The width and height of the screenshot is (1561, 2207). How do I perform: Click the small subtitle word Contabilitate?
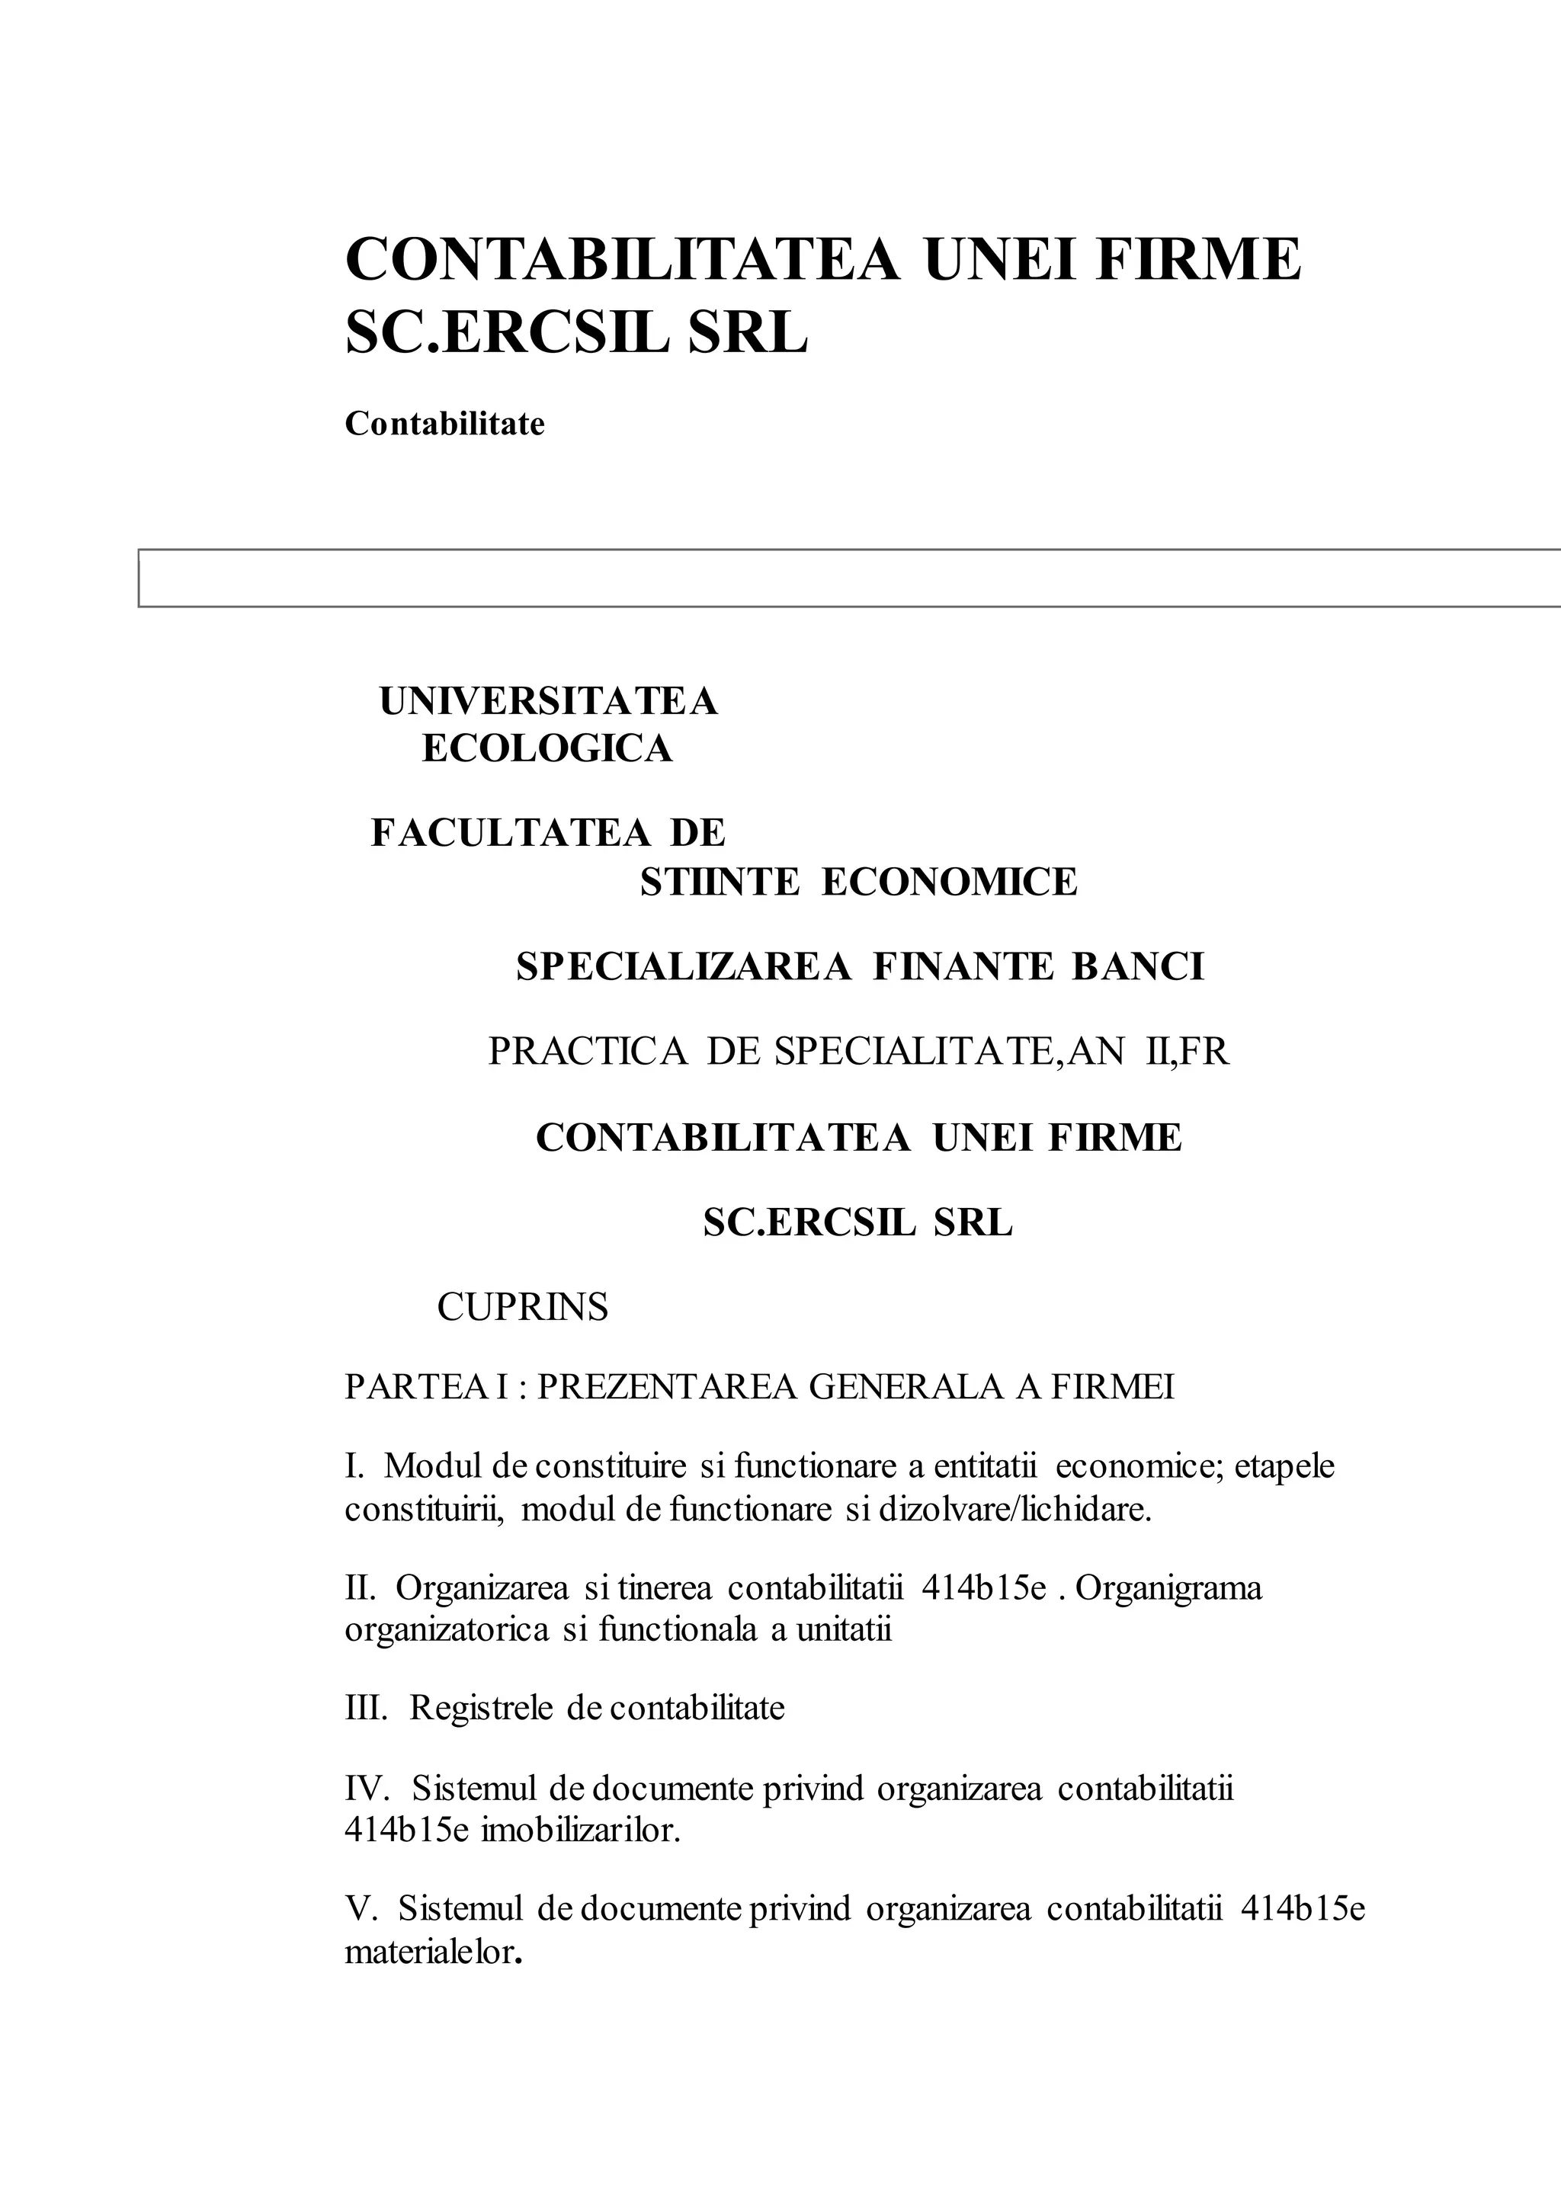click(x=444, y=424)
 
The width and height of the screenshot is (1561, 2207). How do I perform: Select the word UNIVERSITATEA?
click(x=548, y=702)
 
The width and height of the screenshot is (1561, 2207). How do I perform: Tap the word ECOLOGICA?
click(x=547, y=749)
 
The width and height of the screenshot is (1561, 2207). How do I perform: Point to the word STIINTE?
click(x=719, y=882)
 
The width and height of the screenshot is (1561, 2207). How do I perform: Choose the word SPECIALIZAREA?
click(x=684, y=967)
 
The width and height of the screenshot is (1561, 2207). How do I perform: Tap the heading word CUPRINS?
click(x=523, y=1309)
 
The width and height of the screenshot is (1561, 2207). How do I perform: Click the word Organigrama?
click(x=1168, y=1588)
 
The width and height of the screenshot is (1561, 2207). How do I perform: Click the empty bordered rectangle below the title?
click(x=846, y=578)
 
